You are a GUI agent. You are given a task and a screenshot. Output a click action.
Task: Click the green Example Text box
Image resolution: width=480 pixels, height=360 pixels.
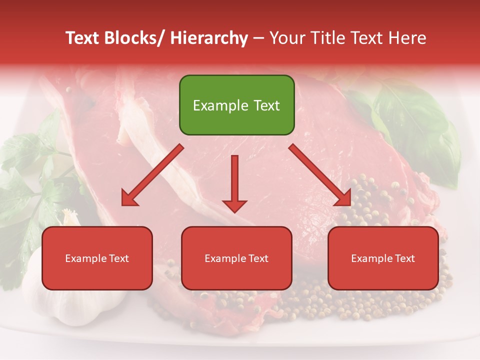(236, 105)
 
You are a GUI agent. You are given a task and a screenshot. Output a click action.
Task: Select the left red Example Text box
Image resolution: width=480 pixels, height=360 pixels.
(97, 258)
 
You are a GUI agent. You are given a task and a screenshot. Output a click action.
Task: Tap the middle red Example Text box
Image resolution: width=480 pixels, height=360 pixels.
(236, 258)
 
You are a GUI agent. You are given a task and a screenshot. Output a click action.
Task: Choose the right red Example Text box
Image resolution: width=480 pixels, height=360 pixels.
(383, 258)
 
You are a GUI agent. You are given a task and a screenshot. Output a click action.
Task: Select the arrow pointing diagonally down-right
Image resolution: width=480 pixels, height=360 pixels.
(320, 175)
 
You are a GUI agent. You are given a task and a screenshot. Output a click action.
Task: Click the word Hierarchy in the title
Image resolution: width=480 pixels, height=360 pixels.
(209, 38)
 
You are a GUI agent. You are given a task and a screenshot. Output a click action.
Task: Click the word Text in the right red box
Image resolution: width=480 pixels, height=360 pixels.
(404, 258)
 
